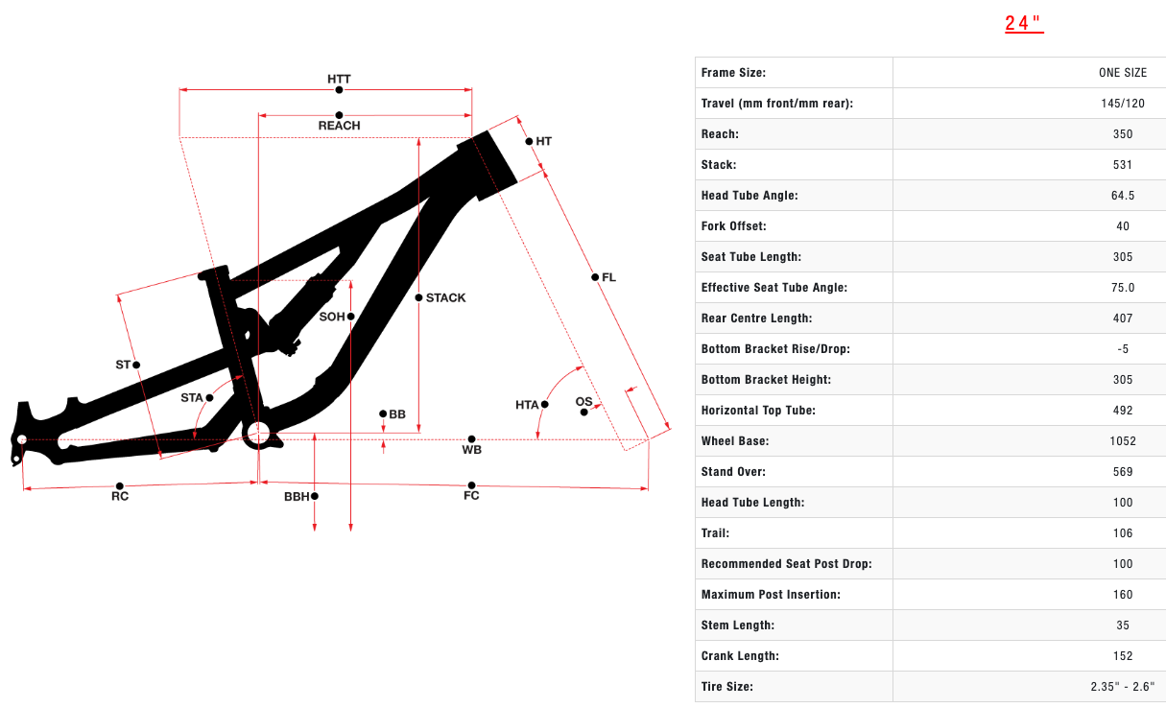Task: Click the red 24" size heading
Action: [x=1024, y=24]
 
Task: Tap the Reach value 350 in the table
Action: [x=1123, y=134]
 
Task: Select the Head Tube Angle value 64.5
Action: [x=1123, y=196]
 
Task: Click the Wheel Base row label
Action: [x=735, y=441]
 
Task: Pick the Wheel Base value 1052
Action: [x=1123, y=441]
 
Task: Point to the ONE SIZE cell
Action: [x=1123, y=73]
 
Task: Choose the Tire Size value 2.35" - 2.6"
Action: [x=1123, y=687]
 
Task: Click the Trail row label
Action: [x=715, y=533]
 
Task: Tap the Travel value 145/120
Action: [x=1123, y=104]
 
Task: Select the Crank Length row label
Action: [x=740, y=656]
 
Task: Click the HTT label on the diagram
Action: [x=339, y=78]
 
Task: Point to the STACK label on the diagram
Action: [x=446, y=297]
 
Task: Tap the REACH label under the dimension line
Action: [x=339, y=126]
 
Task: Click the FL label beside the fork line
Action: [x=608, y=277]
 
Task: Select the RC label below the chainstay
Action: [x=120, y=497]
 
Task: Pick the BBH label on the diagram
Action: [x=297, y=497]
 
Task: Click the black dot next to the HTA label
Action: [x=544, y=405]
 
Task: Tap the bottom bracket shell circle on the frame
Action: [x=257, y=434]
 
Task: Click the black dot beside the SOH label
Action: [x=351, y=317]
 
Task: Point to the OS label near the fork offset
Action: [x=583, y=401]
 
